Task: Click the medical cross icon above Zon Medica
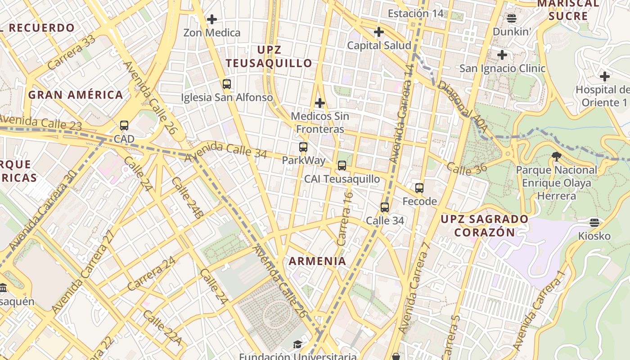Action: pos(211,19)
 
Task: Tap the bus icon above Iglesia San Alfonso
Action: pos(226,84)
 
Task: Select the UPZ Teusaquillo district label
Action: pos(269,56)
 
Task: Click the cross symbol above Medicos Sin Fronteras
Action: pos(319,103)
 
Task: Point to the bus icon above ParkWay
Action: pos(303,147)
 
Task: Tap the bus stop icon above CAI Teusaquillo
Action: pos(342,166)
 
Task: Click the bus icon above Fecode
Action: pos(419,188)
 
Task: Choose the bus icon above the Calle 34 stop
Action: pos(385,207)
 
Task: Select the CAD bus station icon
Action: pos(124,126)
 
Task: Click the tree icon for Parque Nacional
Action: pos(557,157)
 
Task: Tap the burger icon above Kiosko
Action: pos(594,222)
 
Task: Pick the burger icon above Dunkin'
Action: pos(511,18)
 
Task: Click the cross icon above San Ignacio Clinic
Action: pos(502,55)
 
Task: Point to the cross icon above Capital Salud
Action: pos(379,32)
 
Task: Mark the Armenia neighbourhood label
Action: pos(318,261)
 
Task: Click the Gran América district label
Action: pos(76,95)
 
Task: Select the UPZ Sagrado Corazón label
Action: pos(485,225)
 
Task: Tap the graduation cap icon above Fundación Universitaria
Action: pos(297,345)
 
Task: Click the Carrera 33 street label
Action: pos(72,53)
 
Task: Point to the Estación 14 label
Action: pos(415,13)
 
